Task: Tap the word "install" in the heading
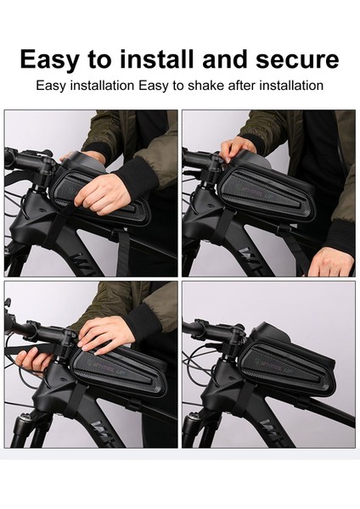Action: pyautogui.click(x=156, y=59)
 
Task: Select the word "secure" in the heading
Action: pyautogui.click(x=297, y=59)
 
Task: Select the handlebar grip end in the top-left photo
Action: pyautogui.click(x=9, y=157)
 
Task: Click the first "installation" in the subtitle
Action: pyautogui.click(x=103, y=86)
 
